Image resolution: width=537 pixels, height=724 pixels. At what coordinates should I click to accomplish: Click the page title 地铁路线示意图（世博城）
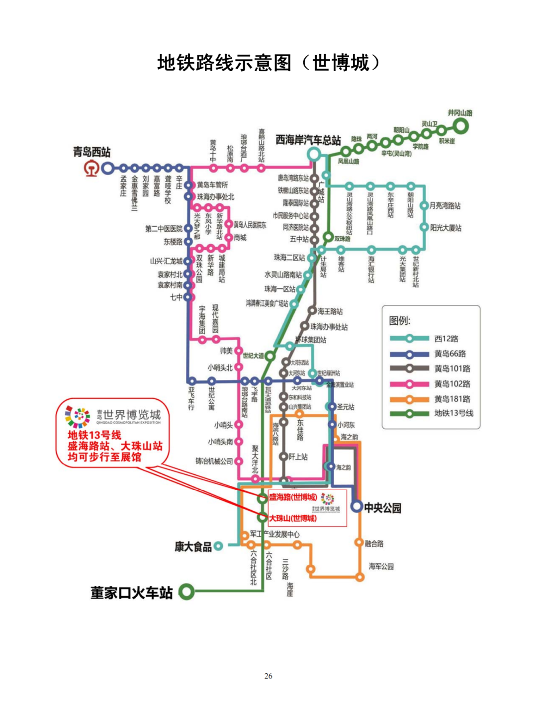coord(268,63)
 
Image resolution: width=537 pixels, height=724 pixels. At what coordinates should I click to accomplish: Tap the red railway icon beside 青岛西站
coord(90,169)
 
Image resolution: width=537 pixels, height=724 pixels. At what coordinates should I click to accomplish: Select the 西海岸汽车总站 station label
coord(308,140)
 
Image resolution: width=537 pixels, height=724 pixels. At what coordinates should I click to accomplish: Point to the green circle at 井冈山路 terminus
coord(461,126)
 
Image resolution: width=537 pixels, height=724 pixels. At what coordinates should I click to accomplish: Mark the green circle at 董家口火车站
coord(186,591)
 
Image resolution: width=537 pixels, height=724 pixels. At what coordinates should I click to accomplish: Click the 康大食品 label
coord(193,546)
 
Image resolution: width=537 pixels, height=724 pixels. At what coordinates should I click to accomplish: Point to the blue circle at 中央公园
coord(357,507)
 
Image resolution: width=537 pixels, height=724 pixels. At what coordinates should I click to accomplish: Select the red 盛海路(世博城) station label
coord(293,497)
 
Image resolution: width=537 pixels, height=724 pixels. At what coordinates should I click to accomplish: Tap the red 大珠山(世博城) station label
coord(293,518)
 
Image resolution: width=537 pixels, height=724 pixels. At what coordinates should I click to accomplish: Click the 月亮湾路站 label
coord(445,205)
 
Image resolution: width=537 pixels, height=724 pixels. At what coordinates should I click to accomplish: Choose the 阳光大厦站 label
coord(446,228)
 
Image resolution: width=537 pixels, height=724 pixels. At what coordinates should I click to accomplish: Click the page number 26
coord(268,676)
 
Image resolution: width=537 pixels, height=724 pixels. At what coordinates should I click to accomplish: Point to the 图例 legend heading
coord(399,321)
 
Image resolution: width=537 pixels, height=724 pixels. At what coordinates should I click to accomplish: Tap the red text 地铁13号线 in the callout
coord(94,435)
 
